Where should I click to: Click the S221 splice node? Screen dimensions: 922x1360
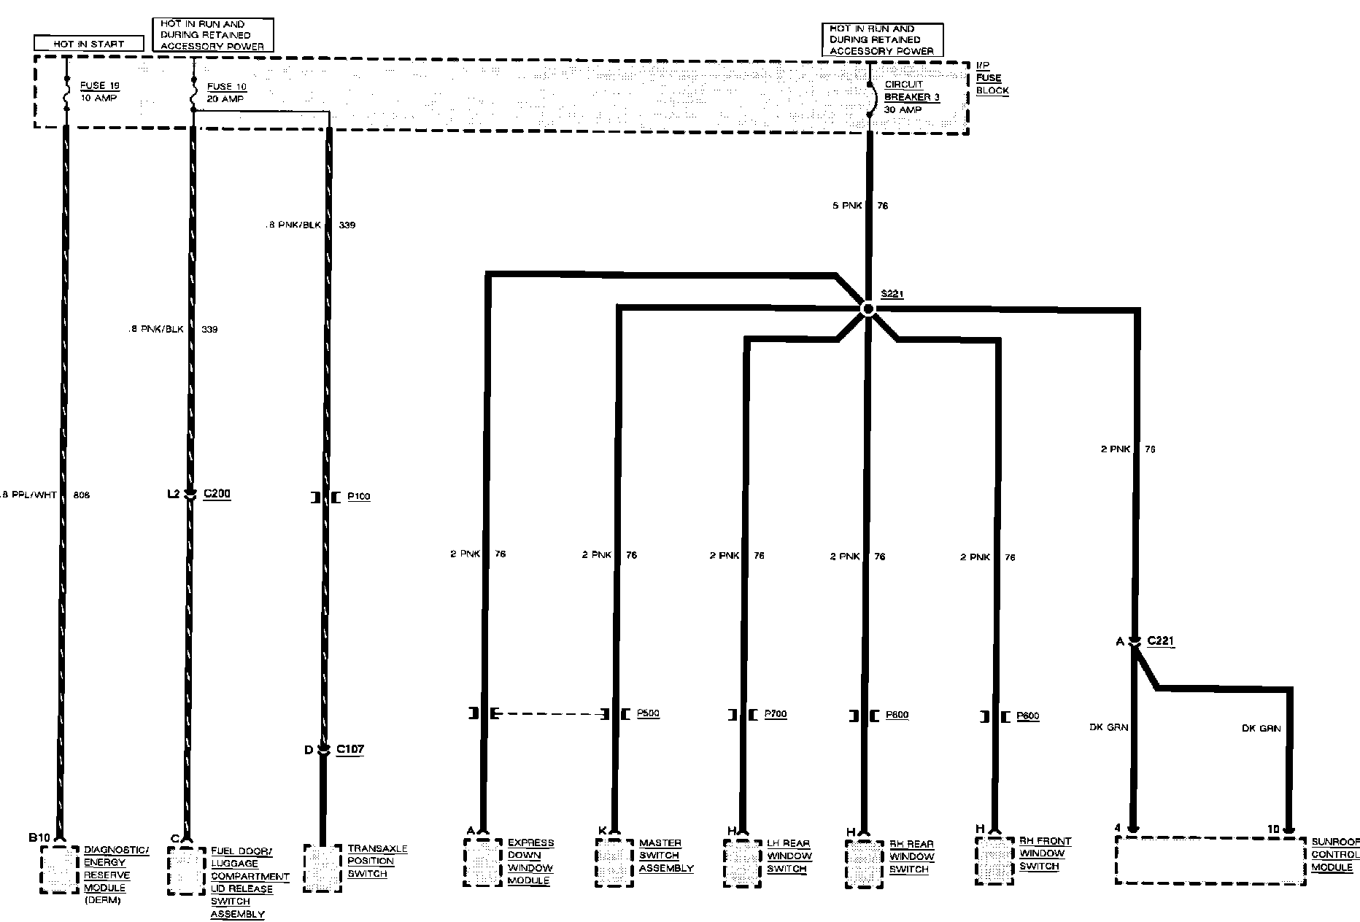868,309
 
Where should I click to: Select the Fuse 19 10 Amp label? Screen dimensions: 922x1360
99,92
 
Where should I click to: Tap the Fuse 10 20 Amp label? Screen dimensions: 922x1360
226,93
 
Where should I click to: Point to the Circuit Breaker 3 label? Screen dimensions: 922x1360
911,97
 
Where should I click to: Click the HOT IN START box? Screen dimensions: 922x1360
88,44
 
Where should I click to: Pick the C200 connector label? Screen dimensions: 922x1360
217,494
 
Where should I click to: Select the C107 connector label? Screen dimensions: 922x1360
350,749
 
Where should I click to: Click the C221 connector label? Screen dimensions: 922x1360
1161,641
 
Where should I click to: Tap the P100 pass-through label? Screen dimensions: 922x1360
358,497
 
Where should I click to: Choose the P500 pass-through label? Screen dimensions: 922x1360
648,713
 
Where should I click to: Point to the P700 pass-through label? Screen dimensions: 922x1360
776,714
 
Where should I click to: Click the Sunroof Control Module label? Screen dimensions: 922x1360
1334,855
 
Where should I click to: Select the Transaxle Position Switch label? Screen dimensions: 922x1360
376,861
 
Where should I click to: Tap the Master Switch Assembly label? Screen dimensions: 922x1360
665,856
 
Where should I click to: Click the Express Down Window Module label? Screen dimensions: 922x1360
530,861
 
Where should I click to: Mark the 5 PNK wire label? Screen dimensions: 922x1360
847,206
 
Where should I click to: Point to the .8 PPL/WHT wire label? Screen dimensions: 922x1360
29,495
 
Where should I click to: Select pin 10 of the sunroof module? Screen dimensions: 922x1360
1273,829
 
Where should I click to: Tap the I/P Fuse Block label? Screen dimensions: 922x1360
992,78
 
